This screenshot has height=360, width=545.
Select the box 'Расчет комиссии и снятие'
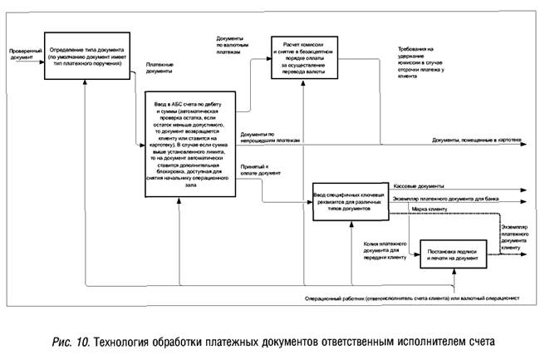(x=308, y=57)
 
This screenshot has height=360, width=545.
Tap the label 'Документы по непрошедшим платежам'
(x=268, y=137)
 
